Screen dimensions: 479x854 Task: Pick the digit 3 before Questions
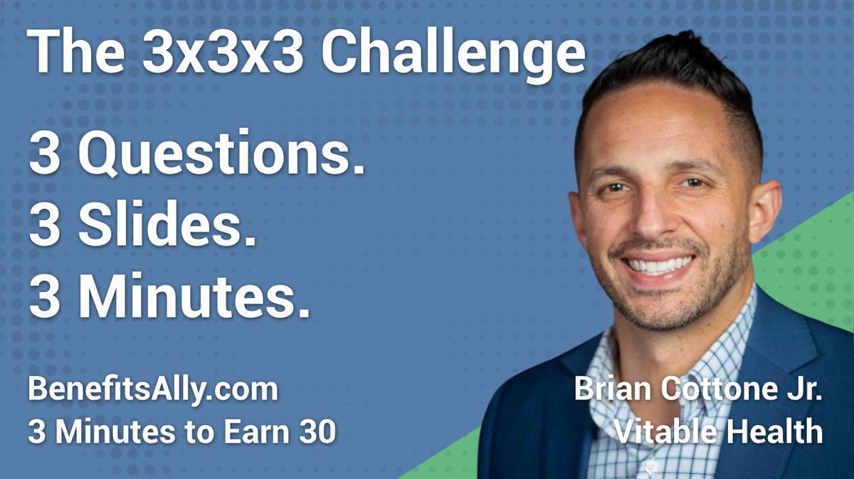coord(44,154)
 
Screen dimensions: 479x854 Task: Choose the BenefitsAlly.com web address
coord(152,391)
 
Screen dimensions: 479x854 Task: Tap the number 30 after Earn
coord(317,431)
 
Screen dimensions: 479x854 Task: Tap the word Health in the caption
coord(775,431)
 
